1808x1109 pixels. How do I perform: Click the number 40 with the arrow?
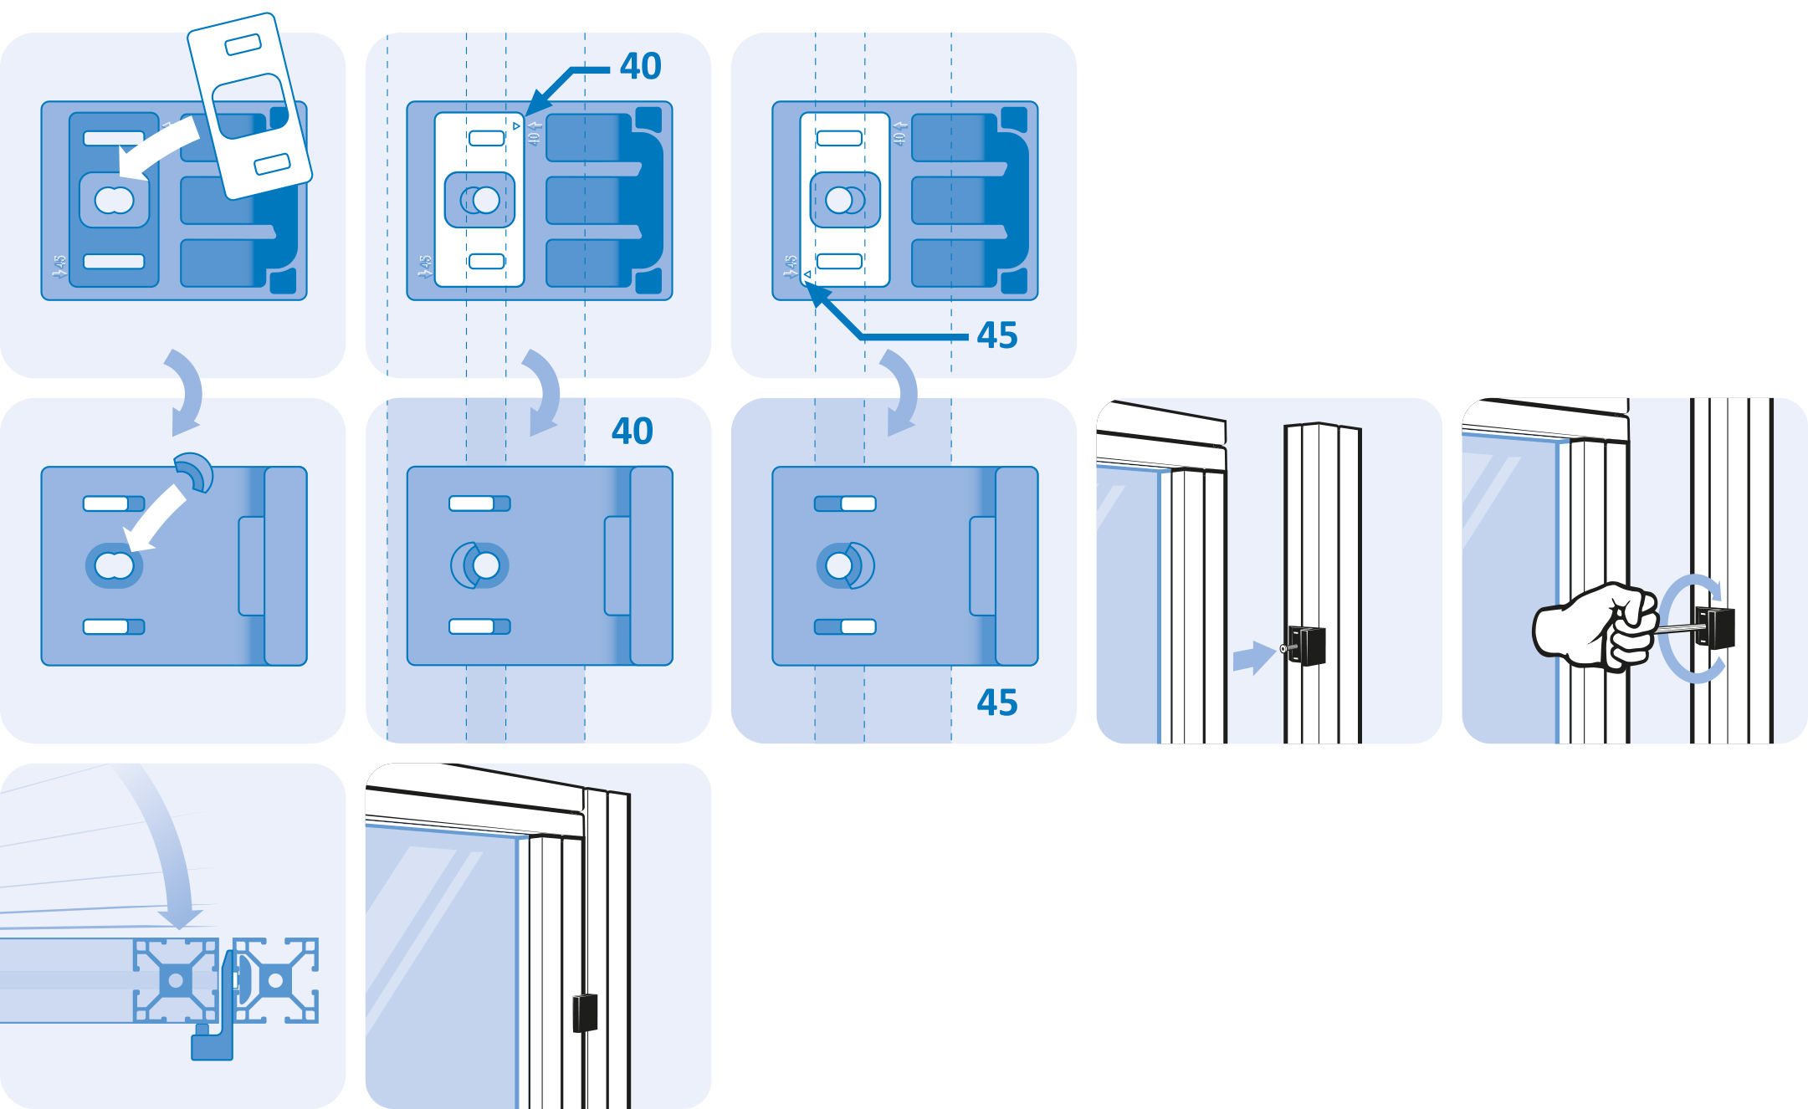pyautogui.click(x=640, y=66)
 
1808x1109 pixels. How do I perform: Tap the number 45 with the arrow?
pyautogui.click(x=996, y=335)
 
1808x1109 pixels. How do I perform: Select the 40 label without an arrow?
pyautogui.click(x=632, y=432)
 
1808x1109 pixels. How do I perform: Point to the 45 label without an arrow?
pyautogui.click(x=996, y=703)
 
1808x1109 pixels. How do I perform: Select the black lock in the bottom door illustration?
pyautogui.click(x=585, y=1012)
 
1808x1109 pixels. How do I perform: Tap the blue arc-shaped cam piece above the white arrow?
pyautogui.click(x=194, y=472)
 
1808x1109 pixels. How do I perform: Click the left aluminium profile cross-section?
pyautogui.click(x=176, y=980)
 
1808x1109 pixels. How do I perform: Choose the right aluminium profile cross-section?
pyautogui.click(x=276, y=980)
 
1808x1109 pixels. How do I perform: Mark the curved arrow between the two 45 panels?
pyautogui.click(x=900, y=393)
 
